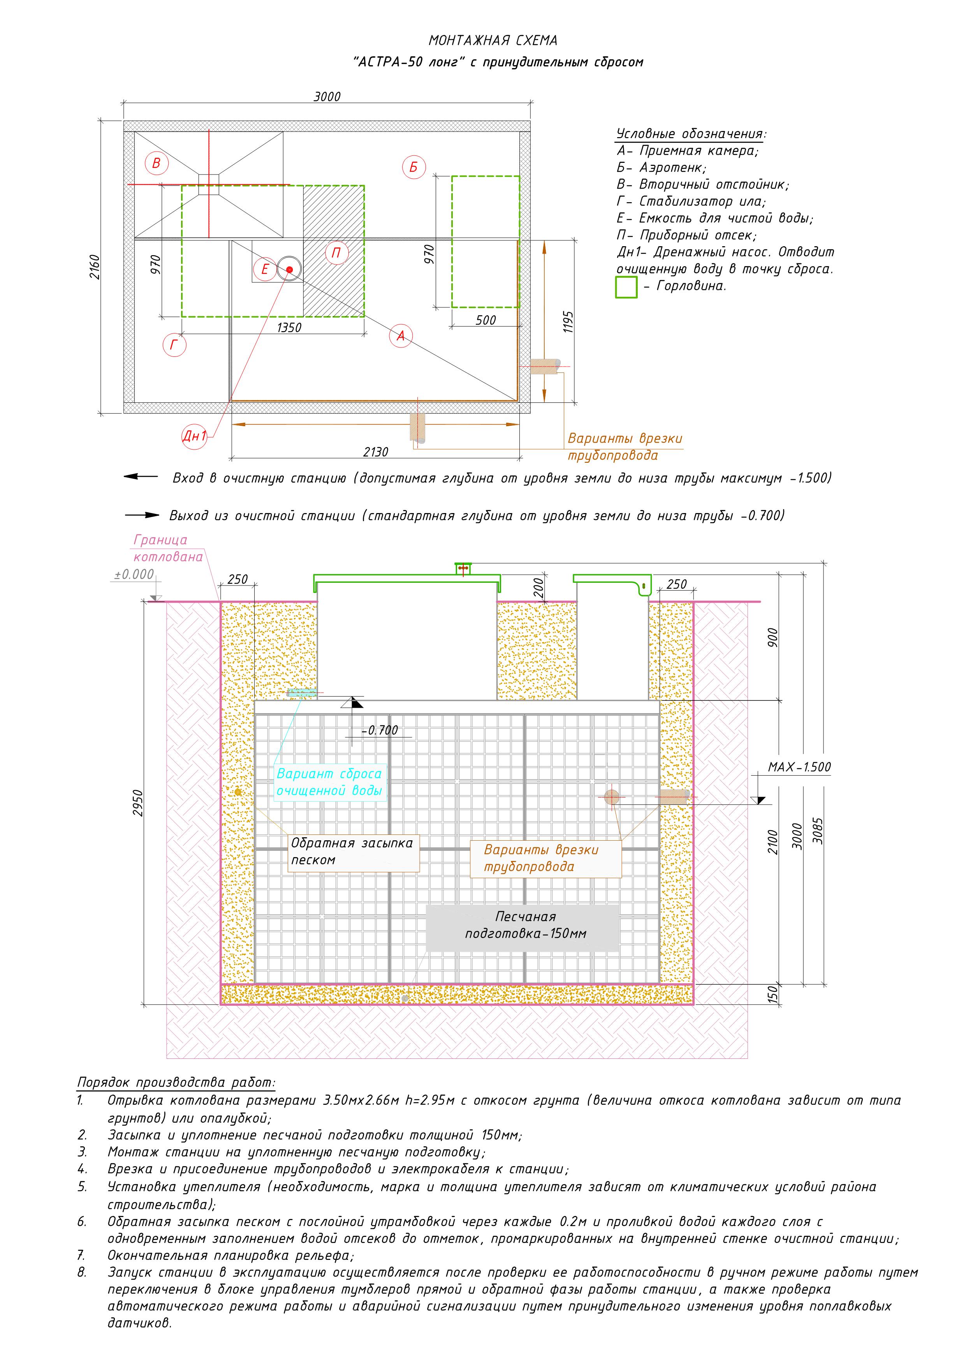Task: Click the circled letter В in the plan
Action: point(157,163)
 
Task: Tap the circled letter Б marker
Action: point(413,167)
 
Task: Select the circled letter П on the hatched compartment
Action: point(336,253)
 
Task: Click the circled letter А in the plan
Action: point(401,336)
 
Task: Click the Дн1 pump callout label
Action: point(194,436)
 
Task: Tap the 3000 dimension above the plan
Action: point(327,97)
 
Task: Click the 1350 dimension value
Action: point(289,328)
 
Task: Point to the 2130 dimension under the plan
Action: point(376,452)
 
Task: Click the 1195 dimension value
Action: point(568,321)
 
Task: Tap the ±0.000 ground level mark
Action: point(134,575)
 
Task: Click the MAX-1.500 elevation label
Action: point(799,767)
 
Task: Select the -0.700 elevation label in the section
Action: point(380,730)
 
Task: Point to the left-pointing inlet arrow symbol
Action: point(141,477)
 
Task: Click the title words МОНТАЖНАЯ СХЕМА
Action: point(493,41)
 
